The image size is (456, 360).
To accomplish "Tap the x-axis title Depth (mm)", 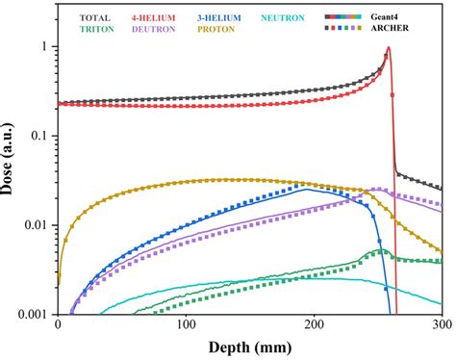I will pyautogui.click(x=249, y=347).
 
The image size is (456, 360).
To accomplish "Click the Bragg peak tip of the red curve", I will pyautogui.click(x=388, y=48).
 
